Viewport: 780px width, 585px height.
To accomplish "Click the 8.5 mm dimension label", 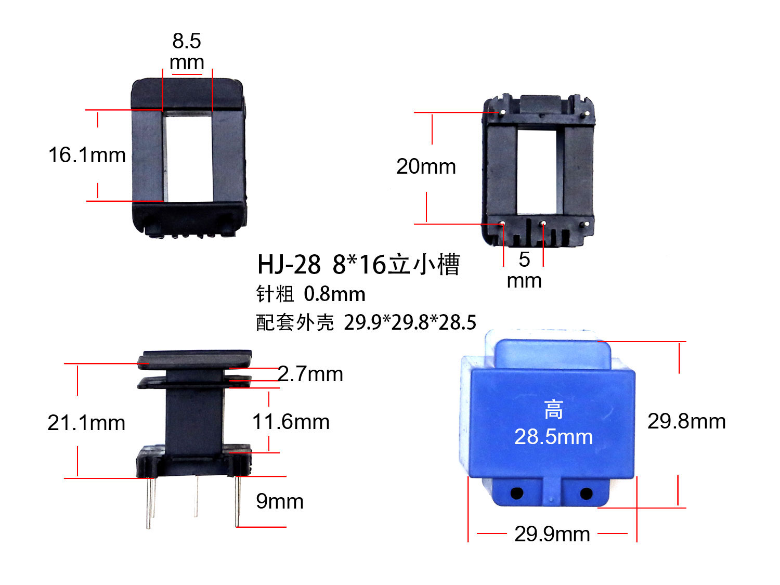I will coord(187,51).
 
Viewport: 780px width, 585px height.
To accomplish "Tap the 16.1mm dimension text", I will coord(87,155).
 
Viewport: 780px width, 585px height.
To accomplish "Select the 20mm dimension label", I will coord(426,166).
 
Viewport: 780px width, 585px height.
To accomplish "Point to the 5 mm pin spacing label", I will coord(524,270).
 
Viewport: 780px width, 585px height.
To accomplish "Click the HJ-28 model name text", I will coord(289,265).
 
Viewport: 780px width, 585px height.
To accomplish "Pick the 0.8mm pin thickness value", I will coord(334,294).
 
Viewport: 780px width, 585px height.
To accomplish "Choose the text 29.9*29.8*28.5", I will coord(410,322).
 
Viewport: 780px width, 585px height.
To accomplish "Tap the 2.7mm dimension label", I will coord(310,374).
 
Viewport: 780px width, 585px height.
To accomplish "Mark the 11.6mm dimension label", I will coord(291,422).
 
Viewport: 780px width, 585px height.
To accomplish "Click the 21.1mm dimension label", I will coord(86,423).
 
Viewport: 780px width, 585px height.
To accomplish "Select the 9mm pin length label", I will coord(280,501).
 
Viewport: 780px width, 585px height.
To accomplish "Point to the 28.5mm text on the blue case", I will coord(553,437).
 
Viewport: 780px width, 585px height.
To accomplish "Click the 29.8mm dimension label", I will coord(686,421).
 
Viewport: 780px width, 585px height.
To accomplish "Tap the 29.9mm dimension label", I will coord(552,534).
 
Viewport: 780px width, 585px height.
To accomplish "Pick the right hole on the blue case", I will coord(586,493).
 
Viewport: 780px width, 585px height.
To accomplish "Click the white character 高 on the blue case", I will coord(553,410).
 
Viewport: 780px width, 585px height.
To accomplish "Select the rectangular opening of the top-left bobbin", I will coord(188,158).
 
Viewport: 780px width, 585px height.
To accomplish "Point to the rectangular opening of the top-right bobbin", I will coord(537,172).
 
